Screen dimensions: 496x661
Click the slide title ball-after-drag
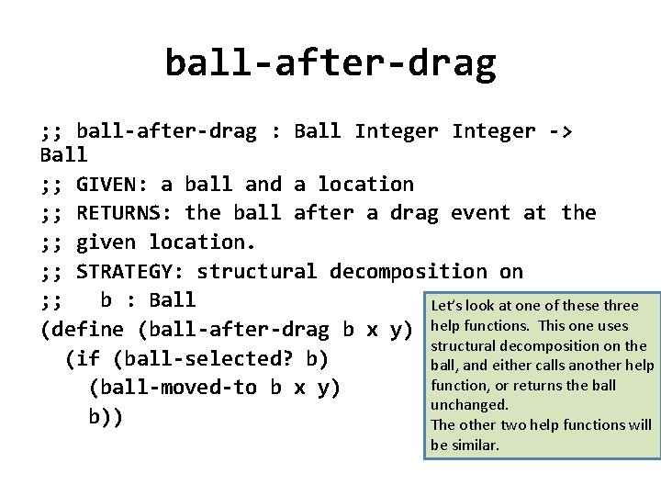330,62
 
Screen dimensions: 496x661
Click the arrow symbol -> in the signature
558,131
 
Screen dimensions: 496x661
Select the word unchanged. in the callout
469,404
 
